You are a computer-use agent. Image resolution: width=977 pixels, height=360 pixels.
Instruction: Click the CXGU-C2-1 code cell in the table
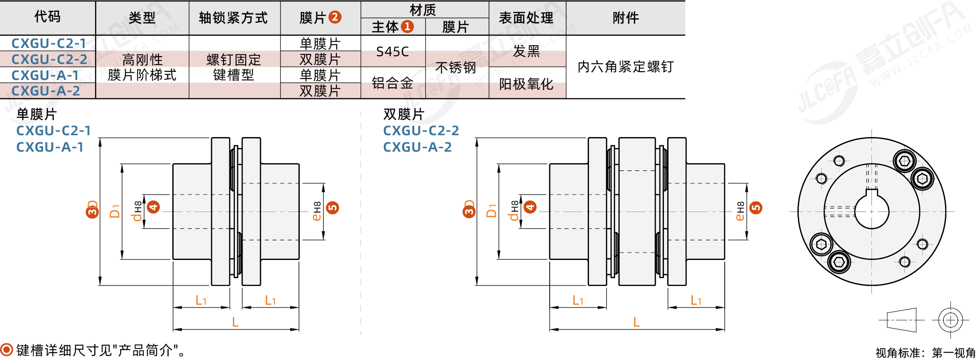48,43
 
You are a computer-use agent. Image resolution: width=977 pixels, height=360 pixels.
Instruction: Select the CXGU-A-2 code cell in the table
46,91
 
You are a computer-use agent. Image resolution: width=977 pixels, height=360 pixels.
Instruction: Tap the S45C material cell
393,52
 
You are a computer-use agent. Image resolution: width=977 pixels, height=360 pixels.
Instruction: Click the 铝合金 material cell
393,83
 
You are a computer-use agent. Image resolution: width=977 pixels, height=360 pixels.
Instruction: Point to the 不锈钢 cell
456,68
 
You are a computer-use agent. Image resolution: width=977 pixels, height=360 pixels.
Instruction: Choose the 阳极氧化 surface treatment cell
526,84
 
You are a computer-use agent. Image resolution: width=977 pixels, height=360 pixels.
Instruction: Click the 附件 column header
626,18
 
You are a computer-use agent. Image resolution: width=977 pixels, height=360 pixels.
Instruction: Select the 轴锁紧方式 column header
233,18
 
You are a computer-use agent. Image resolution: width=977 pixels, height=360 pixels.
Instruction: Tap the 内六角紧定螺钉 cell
626,67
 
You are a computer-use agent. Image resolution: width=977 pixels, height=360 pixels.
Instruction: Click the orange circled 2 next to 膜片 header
335,17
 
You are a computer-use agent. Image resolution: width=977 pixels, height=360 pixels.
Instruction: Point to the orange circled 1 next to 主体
407,27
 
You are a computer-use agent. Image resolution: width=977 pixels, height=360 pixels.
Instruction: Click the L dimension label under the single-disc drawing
235,322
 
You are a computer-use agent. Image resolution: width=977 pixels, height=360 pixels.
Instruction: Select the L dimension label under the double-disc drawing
637,322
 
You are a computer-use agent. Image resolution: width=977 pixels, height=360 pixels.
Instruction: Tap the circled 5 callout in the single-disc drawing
333,208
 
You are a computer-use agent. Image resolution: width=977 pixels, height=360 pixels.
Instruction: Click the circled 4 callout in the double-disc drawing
530,207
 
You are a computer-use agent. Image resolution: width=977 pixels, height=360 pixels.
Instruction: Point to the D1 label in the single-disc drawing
115,211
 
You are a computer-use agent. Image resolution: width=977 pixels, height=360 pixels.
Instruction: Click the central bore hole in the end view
871,212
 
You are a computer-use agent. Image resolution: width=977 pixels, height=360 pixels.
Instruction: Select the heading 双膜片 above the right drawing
404,114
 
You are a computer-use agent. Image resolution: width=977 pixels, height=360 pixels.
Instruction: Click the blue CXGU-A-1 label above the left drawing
50,147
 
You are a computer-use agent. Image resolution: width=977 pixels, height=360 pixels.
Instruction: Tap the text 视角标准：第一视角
925,353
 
